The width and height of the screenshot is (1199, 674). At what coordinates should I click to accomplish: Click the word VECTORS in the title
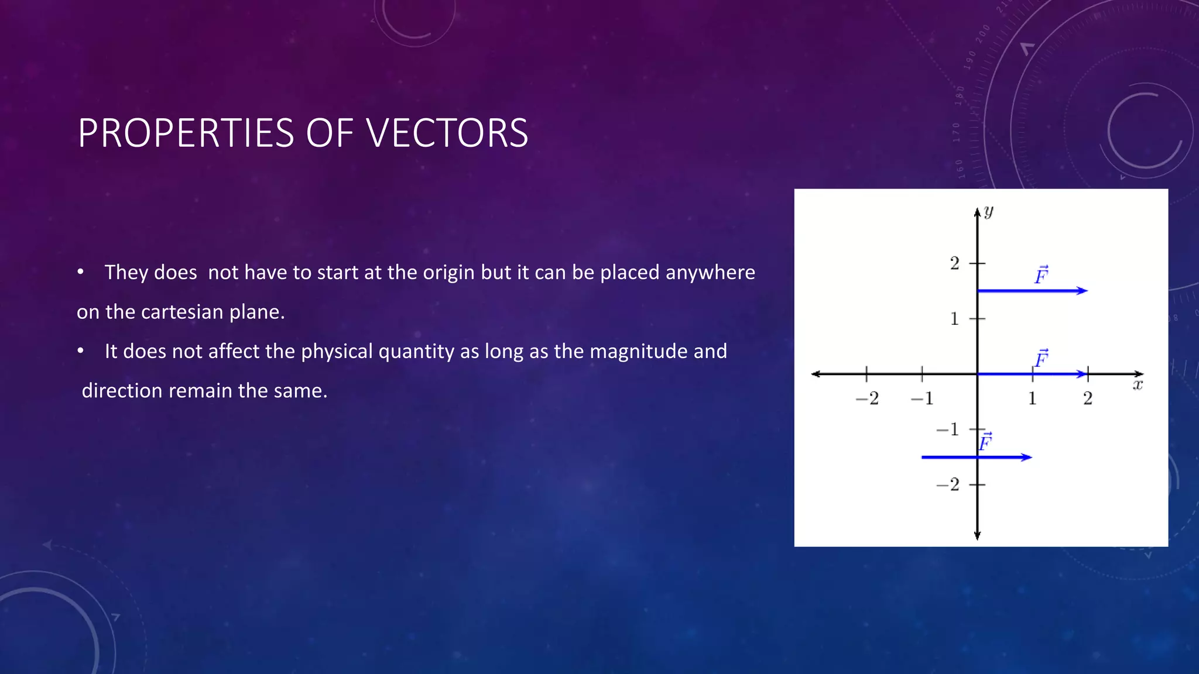(447, 133)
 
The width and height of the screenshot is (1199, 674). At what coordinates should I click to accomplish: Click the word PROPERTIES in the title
(186, 133)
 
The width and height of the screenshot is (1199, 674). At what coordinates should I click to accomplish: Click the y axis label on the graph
(989, 211)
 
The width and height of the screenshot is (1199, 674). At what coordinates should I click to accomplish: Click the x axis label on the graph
(1138, 385)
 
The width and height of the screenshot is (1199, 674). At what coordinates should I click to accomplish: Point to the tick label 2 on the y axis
(955, 263)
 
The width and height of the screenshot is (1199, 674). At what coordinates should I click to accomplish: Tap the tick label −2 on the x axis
(867, 398)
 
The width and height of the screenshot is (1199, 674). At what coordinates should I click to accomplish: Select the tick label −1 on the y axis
(948, 429)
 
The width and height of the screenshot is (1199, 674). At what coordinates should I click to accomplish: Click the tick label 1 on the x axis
(1032, 398)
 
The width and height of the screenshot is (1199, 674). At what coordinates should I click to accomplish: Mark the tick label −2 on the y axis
(948, 484)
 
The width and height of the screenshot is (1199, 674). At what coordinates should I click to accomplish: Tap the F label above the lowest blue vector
(985, 441)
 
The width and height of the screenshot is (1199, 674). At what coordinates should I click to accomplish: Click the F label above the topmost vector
(1041, 274)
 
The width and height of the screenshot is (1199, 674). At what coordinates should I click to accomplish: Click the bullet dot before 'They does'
(81, 272)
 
